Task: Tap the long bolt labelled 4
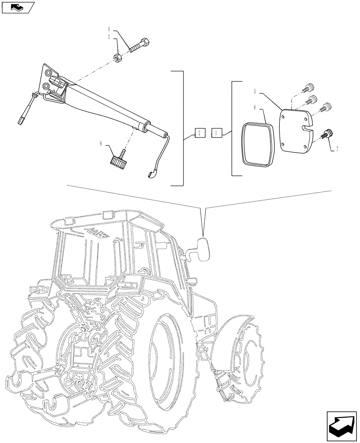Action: (139, 46)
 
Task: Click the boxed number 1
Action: (217, 132)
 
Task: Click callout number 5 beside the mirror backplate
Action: (255, 91)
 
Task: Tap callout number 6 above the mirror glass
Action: (255, 107)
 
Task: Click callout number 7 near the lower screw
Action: (337, 150)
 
